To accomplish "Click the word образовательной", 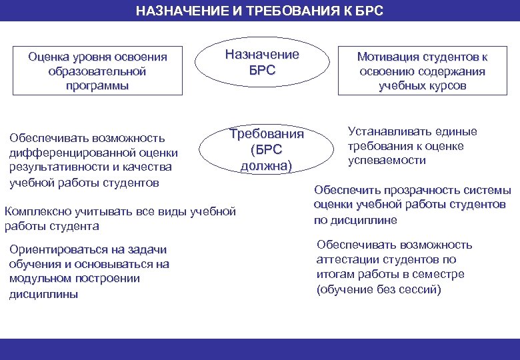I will click(x=97, y=71).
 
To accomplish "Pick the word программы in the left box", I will click(x=97, y=86).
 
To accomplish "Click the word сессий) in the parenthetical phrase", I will click(x=421, y=289).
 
